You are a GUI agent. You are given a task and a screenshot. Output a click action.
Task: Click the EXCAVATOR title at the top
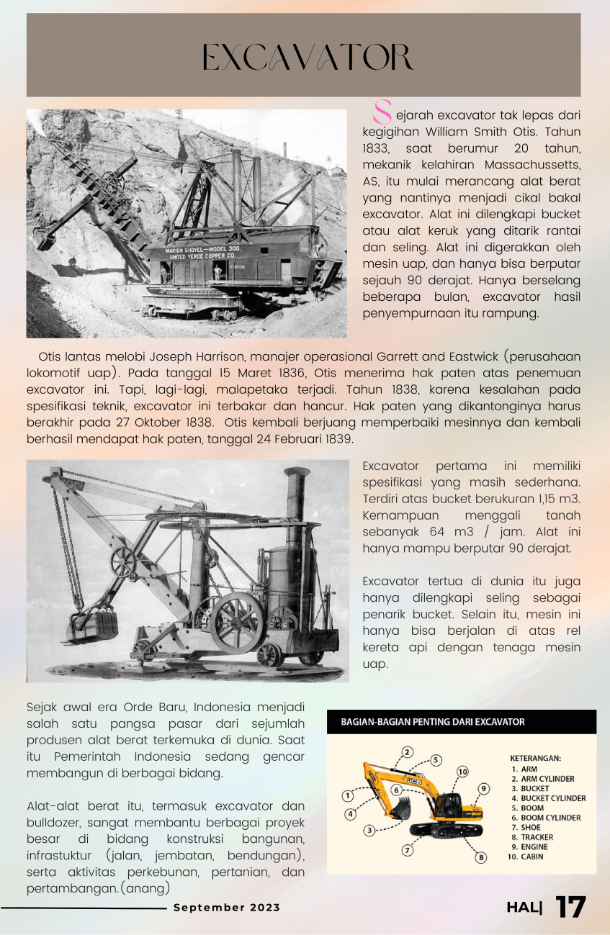point(307,59)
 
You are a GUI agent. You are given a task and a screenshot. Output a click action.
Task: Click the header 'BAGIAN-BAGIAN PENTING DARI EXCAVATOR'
point(433,721)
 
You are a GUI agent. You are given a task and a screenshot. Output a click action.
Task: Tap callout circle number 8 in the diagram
point(481,857)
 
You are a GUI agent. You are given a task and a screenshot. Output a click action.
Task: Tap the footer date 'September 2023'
point(226,908)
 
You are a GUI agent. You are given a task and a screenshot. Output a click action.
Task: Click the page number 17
point(571,908)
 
